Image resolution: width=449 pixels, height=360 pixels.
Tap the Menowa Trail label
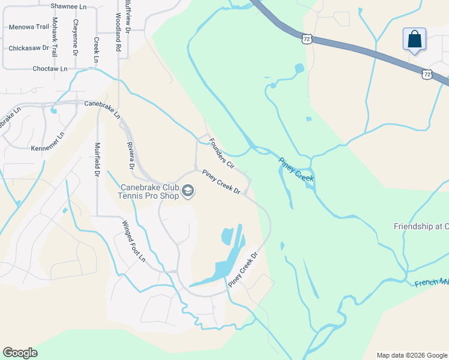point(28,27)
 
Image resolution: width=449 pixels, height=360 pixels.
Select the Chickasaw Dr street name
point(28,48)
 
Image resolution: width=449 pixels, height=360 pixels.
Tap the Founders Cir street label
point(221,152)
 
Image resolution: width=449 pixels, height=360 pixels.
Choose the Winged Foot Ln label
point(134,241)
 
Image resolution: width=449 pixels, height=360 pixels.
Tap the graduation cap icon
point(188,191)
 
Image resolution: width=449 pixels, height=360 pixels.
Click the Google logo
point(20,353)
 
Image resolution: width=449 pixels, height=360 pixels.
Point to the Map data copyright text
point(411,355)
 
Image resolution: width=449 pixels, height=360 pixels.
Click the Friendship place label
point(421,226)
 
